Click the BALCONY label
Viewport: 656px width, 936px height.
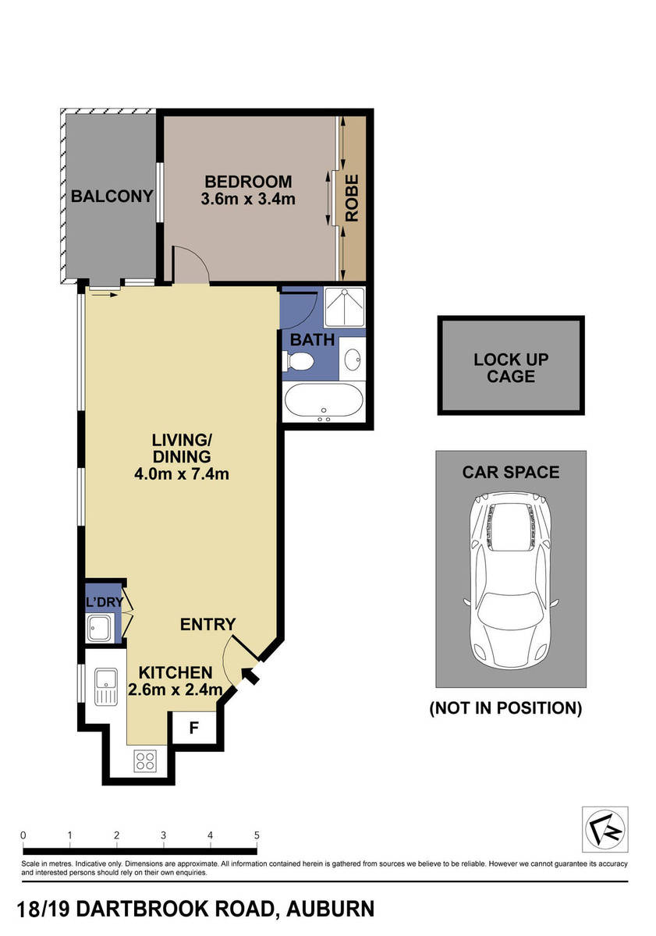[112, 196]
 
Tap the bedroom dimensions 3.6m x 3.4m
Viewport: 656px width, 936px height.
[248, 199]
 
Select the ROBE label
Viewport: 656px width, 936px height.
[353, 198]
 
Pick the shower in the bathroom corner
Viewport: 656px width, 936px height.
[343, 307]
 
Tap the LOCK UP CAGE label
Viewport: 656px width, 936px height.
[511, 368]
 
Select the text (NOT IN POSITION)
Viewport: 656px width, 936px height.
[505, 708]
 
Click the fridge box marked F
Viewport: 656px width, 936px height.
[194, 729]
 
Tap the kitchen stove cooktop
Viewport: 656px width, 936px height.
[144, 760]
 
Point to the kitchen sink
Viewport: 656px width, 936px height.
[104, 686]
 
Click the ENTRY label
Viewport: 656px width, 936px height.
[207, 624]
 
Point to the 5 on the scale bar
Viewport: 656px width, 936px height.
[257, 835]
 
